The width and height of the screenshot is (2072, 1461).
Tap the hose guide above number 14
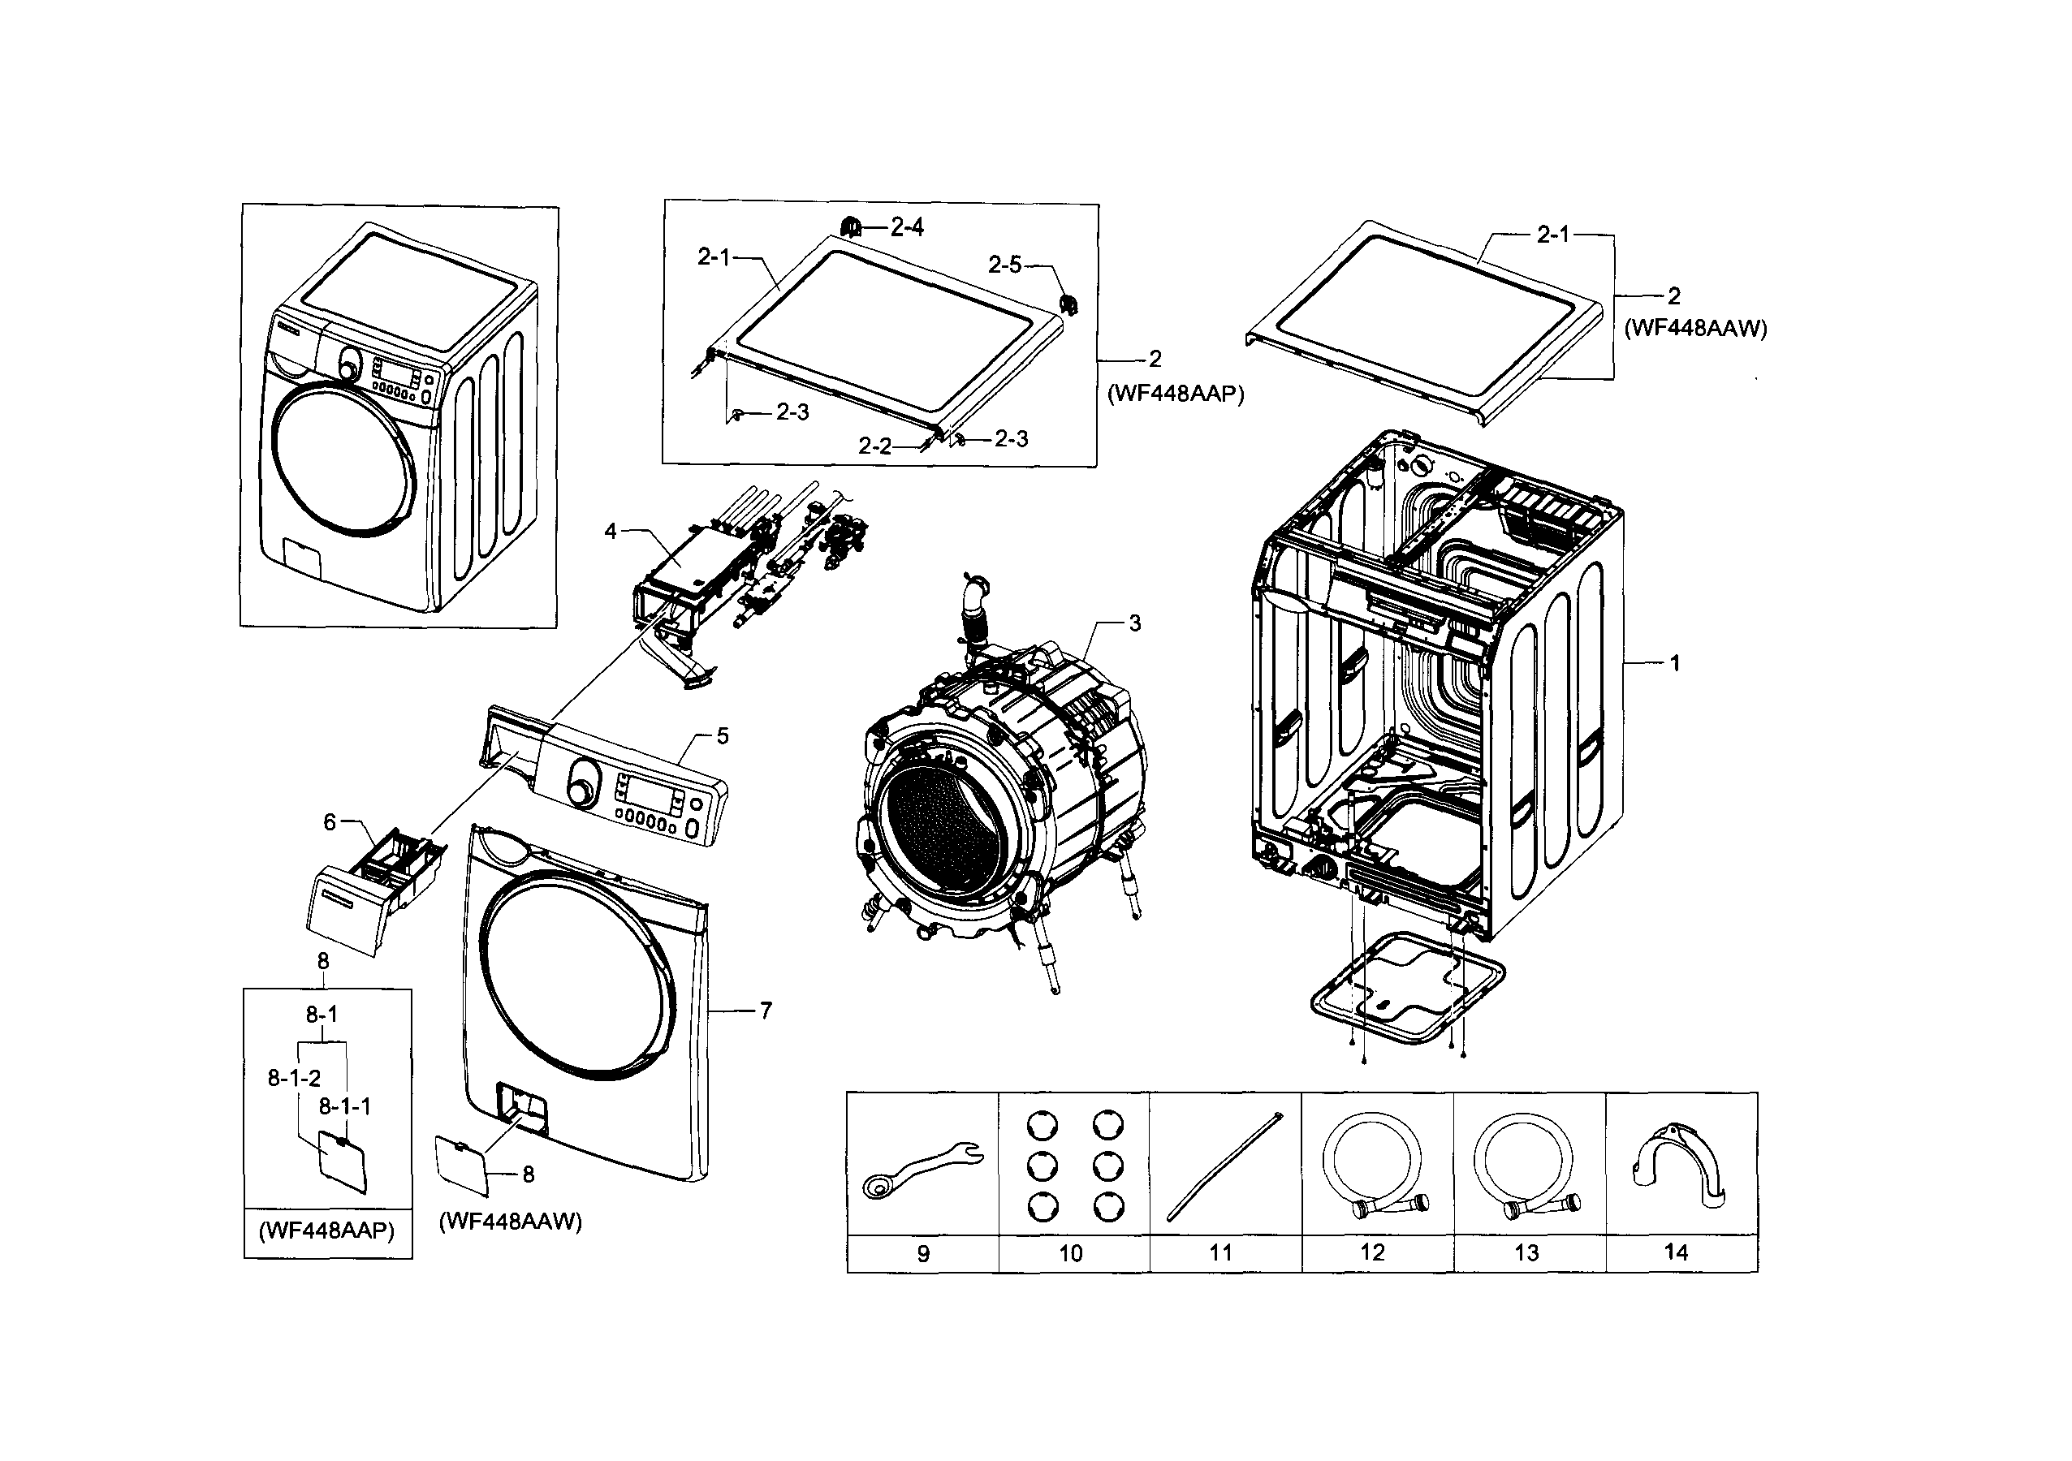[1678, 1163]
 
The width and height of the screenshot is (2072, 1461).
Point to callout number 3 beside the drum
[1134, 623]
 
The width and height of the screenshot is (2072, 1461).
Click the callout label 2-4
[907, 227]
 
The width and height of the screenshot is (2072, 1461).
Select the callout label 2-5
[1004, 265]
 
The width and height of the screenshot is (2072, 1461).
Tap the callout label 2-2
[874, 446]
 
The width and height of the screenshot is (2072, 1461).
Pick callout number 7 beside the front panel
[766, 1011]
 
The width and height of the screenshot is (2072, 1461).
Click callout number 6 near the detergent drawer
[330, 822]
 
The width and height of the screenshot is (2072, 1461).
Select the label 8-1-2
[294, 1077]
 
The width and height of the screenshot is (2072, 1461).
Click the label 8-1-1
[345, 1106]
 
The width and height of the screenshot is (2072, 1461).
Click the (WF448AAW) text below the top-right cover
[1694, 329]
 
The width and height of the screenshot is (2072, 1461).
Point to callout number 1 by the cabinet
[1675, 663]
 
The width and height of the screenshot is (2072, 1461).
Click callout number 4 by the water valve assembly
[611, 532]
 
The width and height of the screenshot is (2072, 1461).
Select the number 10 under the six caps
[1070, 1253]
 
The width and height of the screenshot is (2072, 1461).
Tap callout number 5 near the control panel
[722, 736]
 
